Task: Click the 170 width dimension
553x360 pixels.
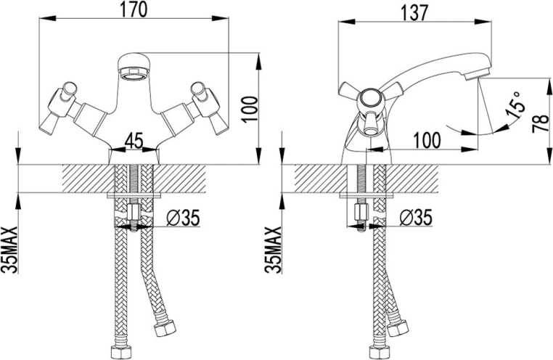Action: point(137,10)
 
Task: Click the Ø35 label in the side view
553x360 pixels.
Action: point(415,216)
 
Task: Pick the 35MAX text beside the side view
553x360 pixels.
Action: point(274,248)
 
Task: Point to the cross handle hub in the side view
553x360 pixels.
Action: point(369,97)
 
